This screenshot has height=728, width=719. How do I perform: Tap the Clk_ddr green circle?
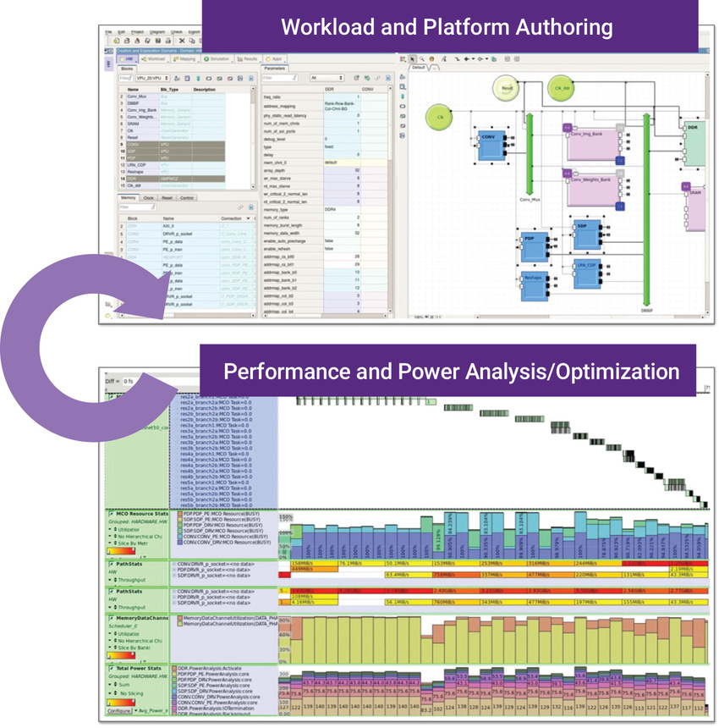click(x=559, y=87)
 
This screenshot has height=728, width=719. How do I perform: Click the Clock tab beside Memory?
click(x=149, y=198)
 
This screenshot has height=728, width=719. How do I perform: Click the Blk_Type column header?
click(x=169, y=89)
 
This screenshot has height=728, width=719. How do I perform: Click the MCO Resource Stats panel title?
click(x=139, y=513)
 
